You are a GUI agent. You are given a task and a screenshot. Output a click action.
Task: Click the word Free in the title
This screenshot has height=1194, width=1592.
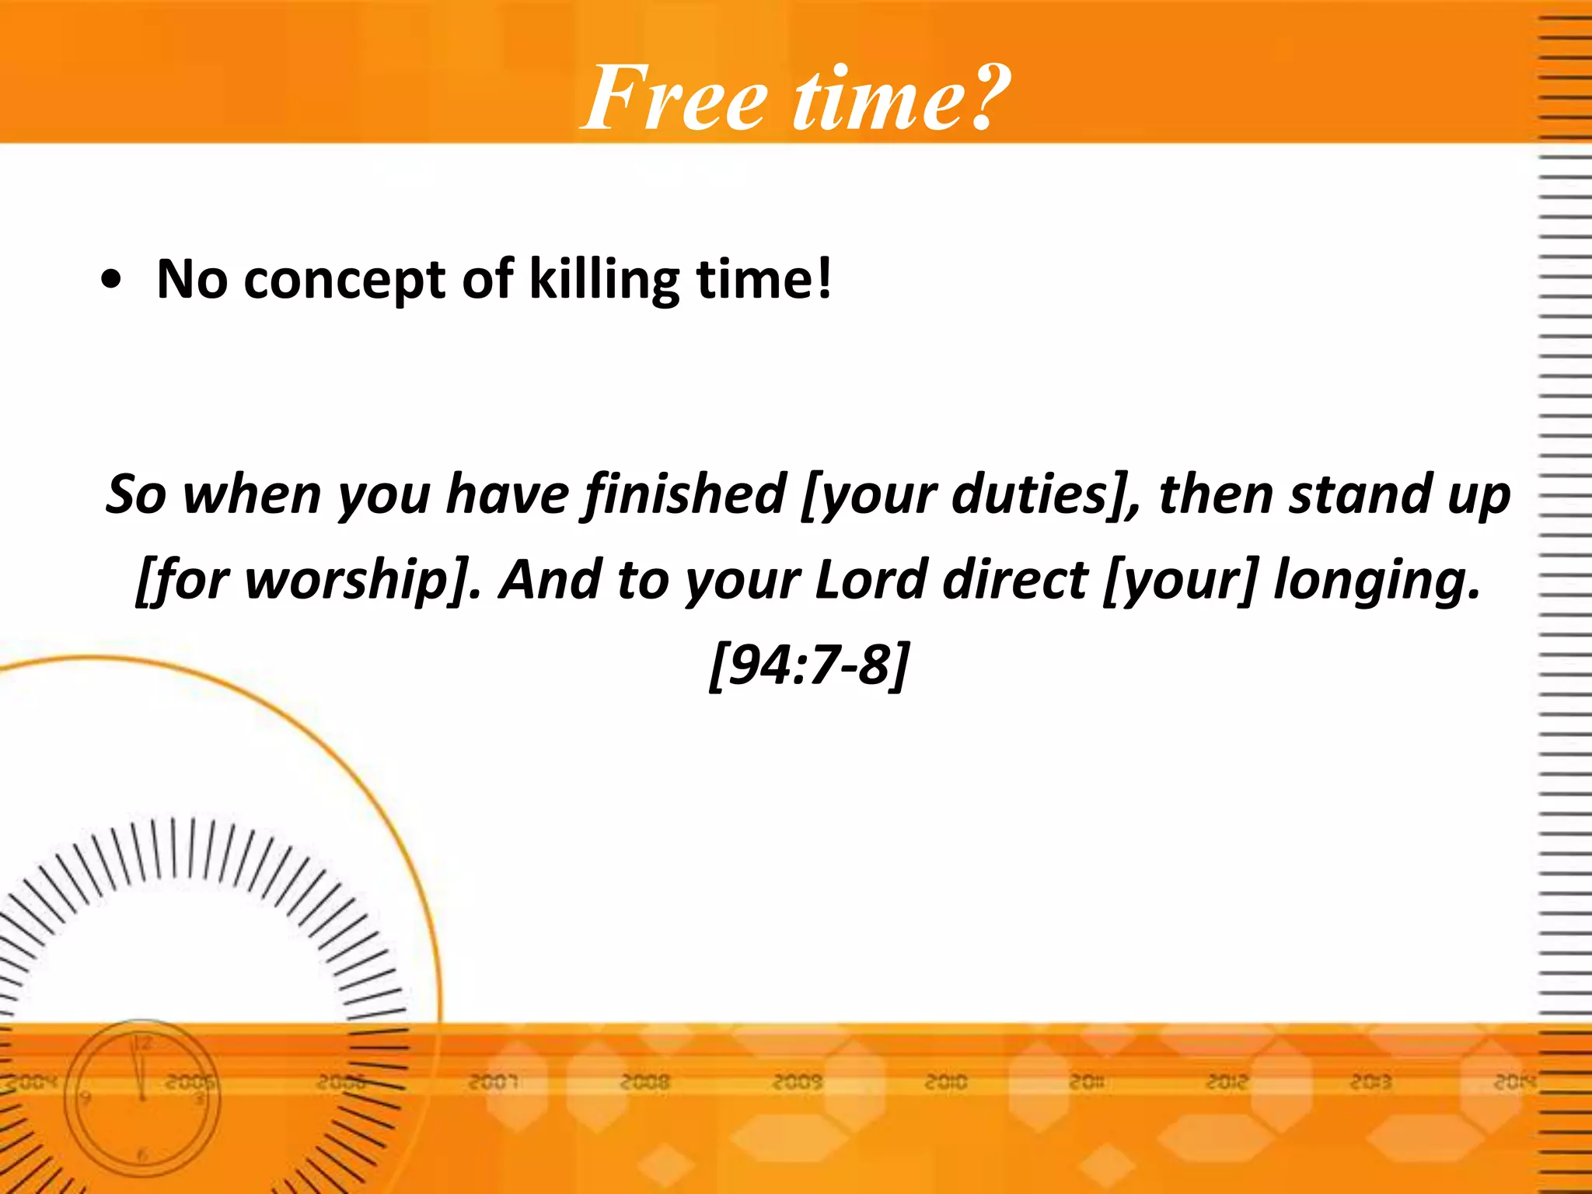[675, 99]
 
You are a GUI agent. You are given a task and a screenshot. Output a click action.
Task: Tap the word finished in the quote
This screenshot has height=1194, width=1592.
[685, 495]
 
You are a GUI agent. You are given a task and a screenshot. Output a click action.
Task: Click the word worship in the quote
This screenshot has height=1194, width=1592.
[347, 581]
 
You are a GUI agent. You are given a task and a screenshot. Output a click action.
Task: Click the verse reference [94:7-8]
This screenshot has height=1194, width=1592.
[808, 665]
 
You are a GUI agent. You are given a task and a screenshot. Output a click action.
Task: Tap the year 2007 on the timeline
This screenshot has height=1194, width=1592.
[493, 1082]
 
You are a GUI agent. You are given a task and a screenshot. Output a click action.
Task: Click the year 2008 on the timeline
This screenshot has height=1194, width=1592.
[645, 1082]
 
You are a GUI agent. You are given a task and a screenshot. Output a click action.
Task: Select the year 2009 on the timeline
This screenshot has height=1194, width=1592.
[797, 1082]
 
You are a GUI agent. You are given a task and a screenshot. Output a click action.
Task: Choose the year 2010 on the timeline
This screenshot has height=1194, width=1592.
[946, 1082]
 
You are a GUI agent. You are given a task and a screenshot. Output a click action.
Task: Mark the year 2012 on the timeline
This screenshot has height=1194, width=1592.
[1227, 1082]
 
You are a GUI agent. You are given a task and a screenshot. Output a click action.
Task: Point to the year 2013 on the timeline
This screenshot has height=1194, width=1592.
[1370, 1082]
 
